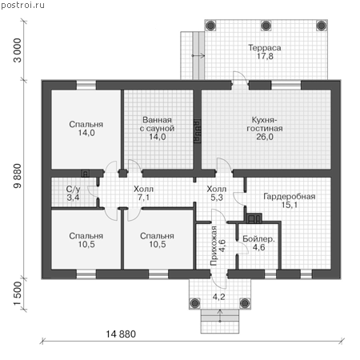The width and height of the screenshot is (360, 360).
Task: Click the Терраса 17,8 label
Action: (265, 52)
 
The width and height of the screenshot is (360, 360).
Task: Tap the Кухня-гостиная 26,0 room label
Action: (265, 128)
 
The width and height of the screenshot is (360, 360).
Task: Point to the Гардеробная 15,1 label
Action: (290, 201)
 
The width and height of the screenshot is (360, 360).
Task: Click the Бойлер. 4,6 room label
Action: (258, 243)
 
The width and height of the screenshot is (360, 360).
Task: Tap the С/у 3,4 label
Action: (74, 194)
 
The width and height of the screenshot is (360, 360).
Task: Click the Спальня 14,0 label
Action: (86, 129)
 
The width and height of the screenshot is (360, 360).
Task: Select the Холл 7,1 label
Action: (143, 194)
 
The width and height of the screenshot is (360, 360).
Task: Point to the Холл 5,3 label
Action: (217, 194)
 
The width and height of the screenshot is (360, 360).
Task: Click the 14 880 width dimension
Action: (121, 334)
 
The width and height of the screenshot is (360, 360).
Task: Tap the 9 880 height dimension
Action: (17, 176)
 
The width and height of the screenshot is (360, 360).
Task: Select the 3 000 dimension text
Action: (17, 50)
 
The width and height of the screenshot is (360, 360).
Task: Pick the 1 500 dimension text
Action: (17, 293)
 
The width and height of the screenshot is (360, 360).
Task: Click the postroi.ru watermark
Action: (22, 5)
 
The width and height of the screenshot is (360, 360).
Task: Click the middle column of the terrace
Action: (266, 26)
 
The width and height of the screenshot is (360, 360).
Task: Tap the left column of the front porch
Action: (195, 303)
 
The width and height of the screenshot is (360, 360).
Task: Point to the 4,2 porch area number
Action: (218, 296)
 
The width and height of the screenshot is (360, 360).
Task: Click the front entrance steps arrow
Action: (220, 316)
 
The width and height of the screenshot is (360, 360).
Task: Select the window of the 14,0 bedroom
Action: (86, 86)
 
